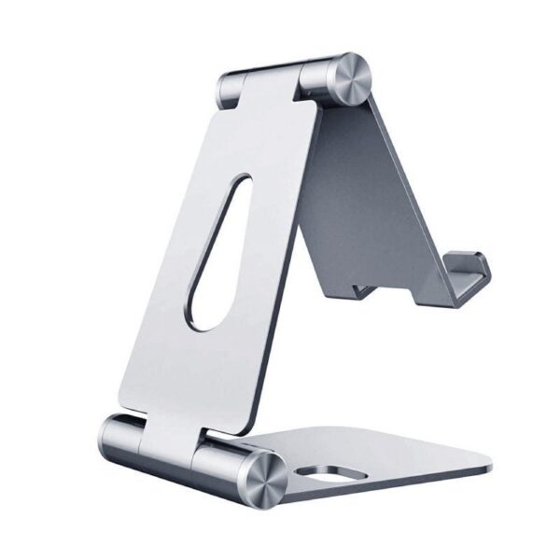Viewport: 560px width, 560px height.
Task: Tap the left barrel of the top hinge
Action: pos(232,89)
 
